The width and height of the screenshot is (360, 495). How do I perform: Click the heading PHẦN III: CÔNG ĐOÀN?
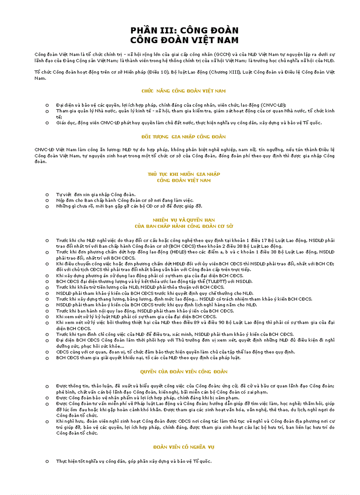tap(184, 30)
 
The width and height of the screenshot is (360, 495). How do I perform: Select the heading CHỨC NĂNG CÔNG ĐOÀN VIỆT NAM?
tap(184, 91)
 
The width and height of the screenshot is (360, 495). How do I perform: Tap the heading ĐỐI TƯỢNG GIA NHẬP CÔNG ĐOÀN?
tap(184, 137)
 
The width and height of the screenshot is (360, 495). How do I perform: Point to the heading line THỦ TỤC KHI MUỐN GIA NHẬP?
tap(184, 174)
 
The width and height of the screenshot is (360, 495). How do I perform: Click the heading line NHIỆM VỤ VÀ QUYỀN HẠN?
tap(184, 220)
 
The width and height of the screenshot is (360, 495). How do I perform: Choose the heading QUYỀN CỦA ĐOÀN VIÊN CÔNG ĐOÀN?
tap(184, 372)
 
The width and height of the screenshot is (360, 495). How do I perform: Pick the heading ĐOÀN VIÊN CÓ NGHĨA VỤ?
tap(184, 447)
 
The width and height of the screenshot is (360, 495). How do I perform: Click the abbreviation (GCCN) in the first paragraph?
tap(223, 54)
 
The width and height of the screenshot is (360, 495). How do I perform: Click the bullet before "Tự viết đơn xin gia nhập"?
tap(47, 194)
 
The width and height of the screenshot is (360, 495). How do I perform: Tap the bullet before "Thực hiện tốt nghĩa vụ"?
tap(47, 461)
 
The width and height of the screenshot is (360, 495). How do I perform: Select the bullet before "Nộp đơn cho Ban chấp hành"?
tap(47, 200)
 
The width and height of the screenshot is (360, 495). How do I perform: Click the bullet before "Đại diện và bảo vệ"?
tap(47, 105)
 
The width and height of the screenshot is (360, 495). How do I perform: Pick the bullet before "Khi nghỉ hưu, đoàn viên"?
tap(47, 421)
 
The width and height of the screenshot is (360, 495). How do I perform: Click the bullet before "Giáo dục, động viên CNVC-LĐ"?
tap(47, 123)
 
